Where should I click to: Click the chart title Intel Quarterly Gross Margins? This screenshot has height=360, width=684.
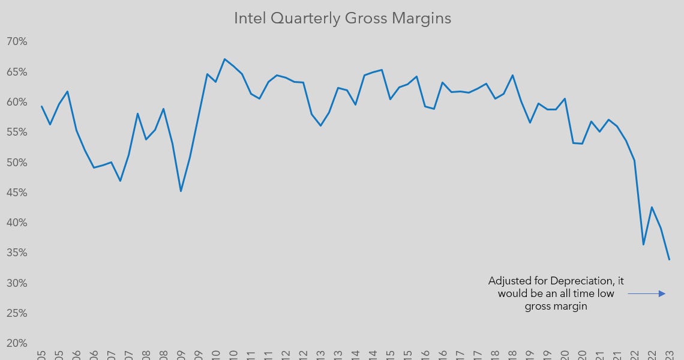click(x=342, y=19)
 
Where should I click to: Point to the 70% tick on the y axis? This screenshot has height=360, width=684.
click(x=17, y=41)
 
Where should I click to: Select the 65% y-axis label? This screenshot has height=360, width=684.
click(x=17, y=71)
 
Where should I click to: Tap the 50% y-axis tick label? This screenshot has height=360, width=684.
click(x=17, y=163)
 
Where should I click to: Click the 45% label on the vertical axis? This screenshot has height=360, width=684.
click(x=17, y=193)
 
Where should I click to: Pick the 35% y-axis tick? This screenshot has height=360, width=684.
click(x=17, y=253)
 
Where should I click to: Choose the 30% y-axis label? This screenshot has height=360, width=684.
click(x=17, y=283)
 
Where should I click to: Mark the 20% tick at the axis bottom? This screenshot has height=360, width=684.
click(x=17, y=343)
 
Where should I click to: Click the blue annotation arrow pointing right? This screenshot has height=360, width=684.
click(x=647, y=293)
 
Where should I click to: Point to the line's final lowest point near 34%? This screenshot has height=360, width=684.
click(x=669, y=260)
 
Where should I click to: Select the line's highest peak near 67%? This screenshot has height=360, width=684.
click(x=224, y=59)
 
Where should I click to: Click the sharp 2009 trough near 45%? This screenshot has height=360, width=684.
click(x=181, y=191)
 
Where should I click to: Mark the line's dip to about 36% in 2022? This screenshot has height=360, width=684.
click(x=643, y=245)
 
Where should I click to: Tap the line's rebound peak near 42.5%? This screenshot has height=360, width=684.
click(x=652, y=207)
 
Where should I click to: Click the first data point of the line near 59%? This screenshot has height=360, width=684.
click(x=41, y=106)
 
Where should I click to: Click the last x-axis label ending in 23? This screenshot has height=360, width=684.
click(x=670, y=354)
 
